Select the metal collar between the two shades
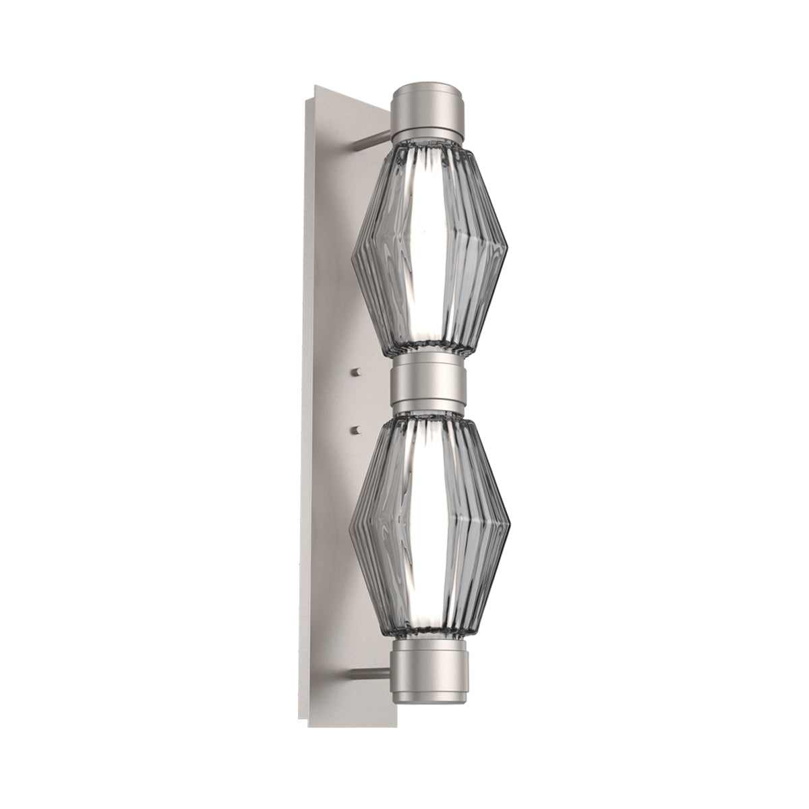point(428,386)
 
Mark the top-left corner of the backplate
point(311,86)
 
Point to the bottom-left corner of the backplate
point(309,727)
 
